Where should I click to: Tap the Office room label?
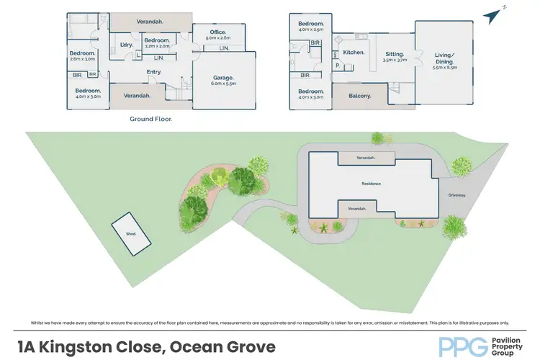217,32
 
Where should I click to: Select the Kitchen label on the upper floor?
354,53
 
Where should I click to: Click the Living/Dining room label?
444,58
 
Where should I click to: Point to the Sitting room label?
394,55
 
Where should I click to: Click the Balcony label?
359,96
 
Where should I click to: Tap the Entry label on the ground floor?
153,72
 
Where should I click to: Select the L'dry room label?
127,45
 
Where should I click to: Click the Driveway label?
456,195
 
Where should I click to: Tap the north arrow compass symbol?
495,14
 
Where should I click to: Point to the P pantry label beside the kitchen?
337,65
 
